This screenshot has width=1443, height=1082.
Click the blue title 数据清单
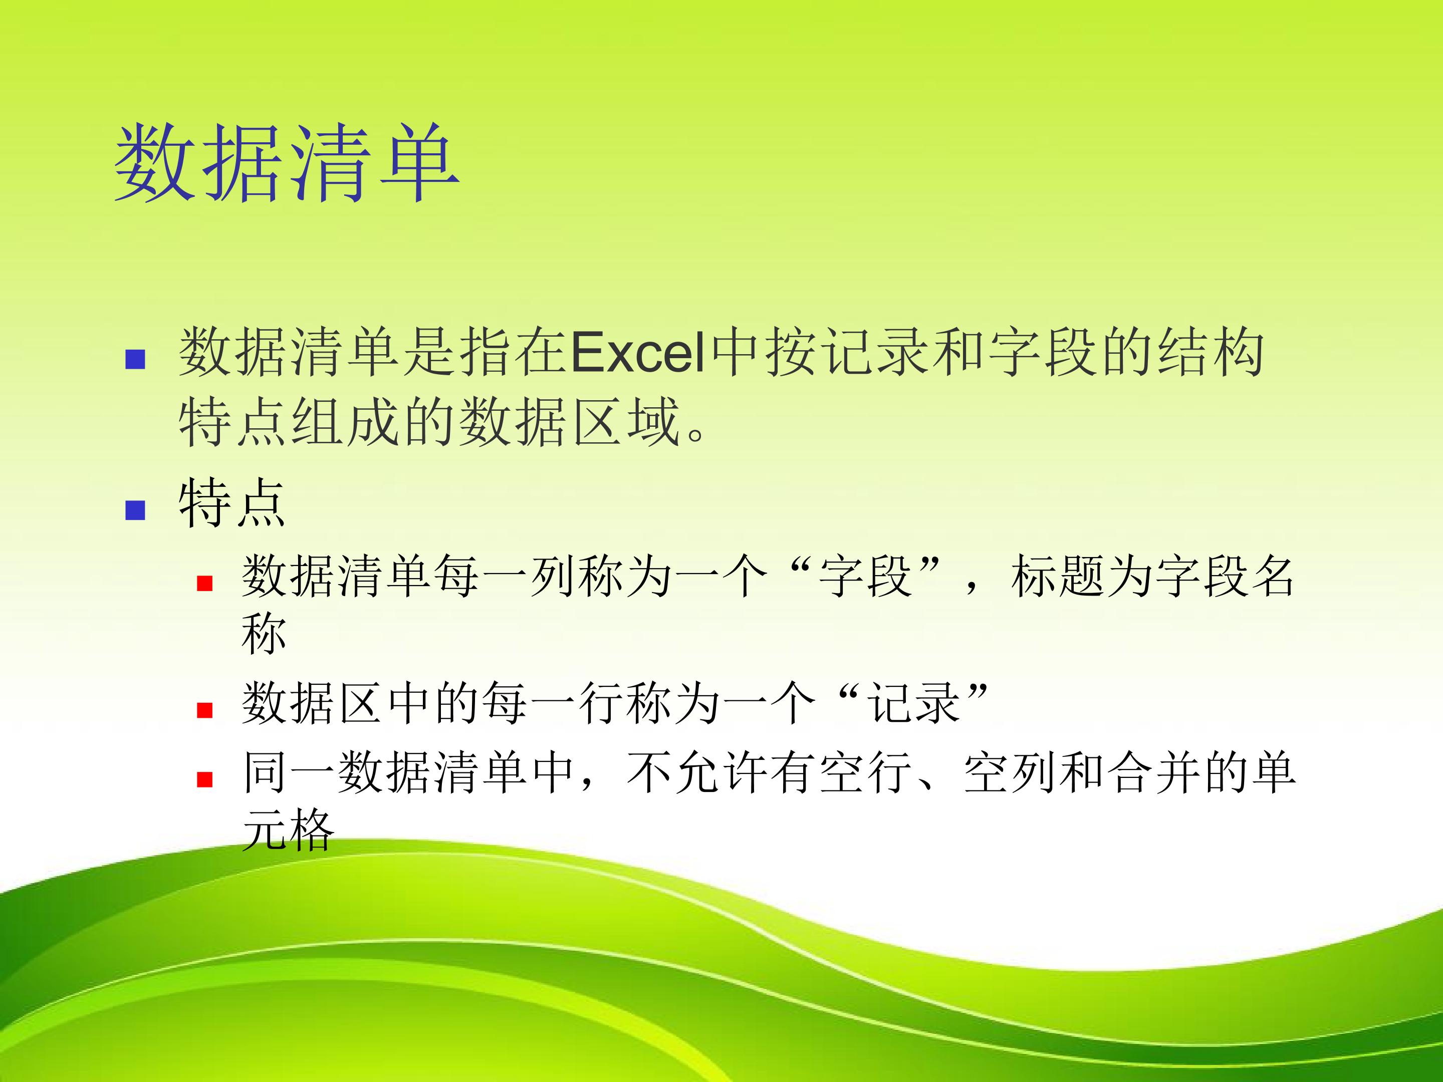(287, 162)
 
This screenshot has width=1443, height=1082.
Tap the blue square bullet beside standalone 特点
(135, 509)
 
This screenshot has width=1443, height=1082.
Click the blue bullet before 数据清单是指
(135, 359)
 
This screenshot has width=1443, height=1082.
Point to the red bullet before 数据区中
(205, 710)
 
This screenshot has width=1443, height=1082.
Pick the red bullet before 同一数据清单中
(205, 779)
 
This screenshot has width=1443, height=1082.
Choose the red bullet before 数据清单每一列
(205, 583)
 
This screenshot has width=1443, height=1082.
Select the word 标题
(1058, 577)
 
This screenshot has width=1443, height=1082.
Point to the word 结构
(1210, 353)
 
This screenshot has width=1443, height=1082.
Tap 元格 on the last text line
(288, 830)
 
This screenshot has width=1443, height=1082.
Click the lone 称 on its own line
(264, 633)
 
